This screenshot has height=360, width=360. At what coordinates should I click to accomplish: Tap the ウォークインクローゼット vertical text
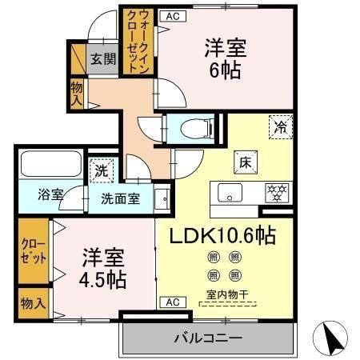(x=131, y=40)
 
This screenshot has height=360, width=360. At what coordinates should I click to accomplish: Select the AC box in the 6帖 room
(x=170, y=14)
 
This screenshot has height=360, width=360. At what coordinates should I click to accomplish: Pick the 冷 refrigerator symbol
(x=281, y=126)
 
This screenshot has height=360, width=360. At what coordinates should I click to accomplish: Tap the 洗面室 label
(x=120, y=198)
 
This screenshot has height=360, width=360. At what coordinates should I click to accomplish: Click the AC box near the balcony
(x=170, y=302)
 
